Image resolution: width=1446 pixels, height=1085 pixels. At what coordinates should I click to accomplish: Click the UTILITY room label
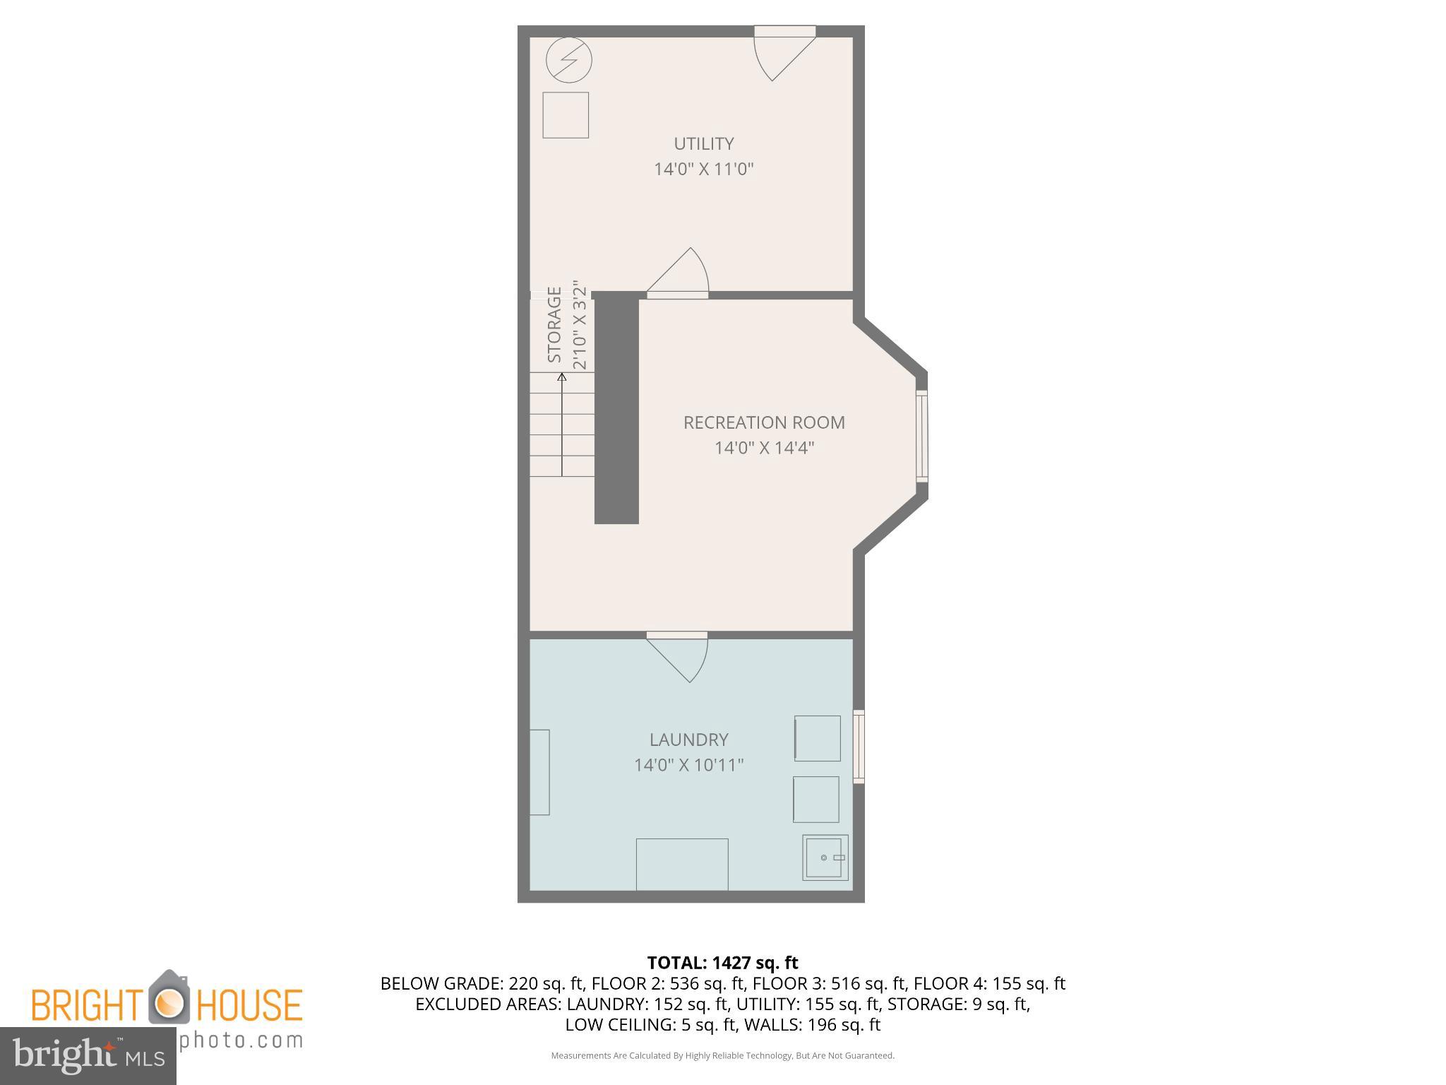703,143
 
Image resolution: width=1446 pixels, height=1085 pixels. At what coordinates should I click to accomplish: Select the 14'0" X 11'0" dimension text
703,170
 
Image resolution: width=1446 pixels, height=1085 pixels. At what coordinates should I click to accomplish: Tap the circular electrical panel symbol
568,60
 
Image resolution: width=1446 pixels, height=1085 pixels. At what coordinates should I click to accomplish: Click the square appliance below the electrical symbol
565,114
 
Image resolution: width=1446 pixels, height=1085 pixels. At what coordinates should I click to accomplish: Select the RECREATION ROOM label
763,422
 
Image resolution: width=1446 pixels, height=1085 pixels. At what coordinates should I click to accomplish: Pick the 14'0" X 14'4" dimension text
764,448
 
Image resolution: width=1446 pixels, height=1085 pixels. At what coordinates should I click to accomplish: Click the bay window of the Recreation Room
921,437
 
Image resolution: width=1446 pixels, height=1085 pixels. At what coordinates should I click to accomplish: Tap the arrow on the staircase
562,424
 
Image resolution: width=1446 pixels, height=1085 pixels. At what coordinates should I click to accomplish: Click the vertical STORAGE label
555,325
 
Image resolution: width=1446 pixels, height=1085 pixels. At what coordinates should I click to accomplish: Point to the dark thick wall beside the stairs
616,410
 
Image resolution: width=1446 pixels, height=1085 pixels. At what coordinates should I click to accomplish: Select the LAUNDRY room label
688,740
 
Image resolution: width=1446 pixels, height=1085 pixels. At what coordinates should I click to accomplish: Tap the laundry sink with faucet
825,858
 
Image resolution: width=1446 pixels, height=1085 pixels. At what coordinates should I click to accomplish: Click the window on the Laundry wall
859,747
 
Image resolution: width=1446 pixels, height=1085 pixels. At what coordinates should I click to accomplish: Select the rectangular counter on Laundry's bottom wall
682,864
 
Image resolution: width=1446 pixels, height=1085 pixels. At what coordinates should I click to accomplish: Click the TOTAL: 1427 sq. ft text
722,962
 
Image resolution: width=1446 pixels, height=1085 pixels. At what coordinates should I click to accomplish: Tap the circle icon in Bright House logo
169,1001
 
